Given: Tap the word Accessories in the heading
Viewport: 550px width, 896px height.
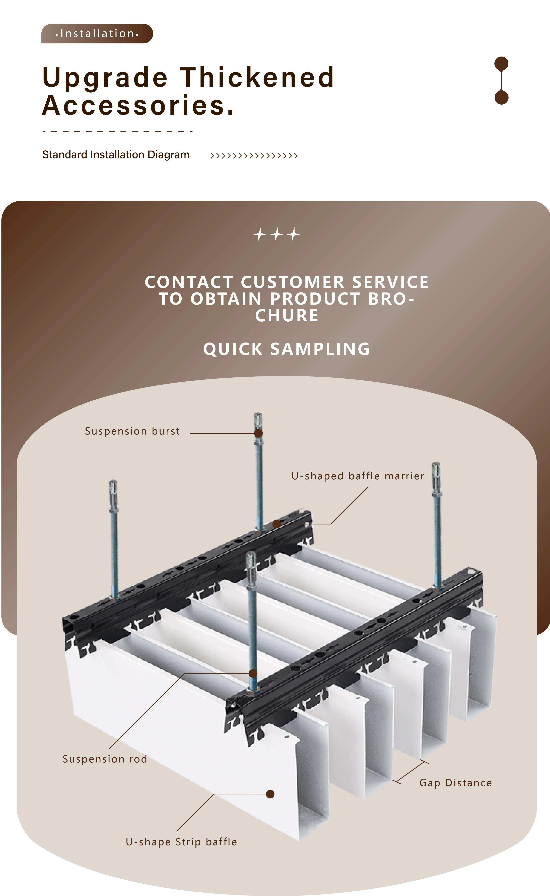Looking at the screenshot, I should coord(138,106).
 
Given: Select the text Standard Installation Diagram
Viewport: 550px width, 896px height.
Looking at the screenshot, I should coord(116,155).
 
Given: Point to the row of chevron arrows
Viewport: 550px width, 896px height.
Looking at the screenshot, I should coord(254,156).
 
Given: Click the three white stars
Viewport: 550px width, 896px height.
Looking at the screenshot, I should coord(277,234).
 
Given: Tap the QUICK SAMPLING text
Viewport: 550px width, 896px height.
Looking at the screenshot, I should coord(287,349).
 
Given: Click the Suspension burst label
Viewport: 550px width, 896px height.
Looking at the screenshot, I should coord(132,431).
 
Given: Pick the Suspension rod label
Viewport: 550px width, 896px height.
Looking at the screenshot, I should coord(105,759).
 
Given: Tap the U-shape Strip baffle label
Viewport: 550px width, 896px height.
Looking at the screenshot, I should coord(181,842).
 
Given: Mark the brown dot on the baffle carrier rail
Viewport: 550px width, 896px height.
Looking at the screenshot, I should coord(277,524).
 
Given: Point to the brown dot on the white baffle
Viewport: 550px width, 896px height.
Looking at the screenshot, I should coord(270,794).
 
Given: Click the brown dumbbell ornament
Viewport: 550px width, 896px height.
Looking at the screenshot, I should coord(501,80).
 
